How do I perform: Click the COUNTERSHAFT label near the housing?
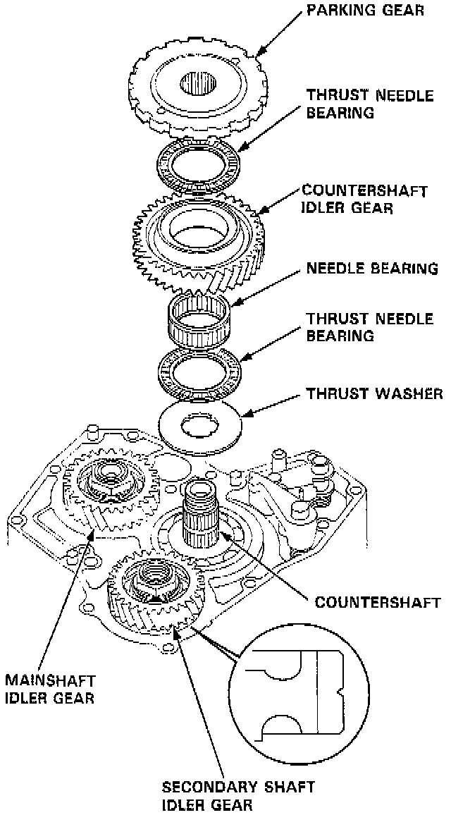(378, 602)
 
